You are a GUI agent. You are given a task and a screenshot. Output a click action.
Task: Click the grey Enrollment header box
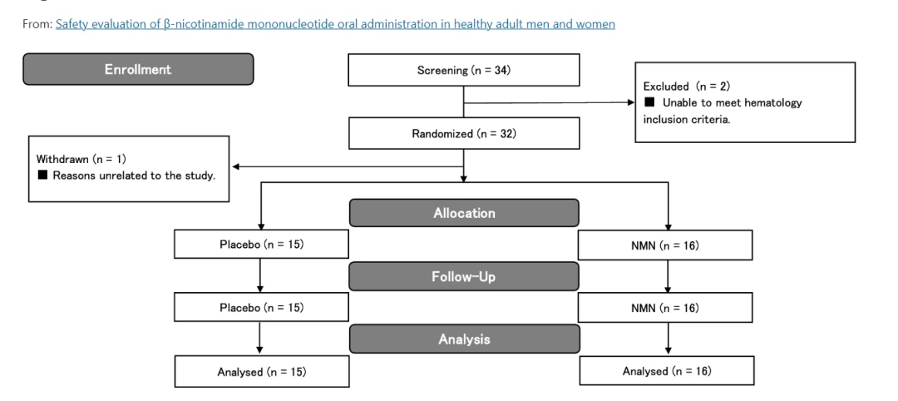[x=138, y=70]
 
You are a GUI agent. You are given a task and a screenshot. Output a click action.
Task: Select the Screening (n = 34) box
[x=463, y=70]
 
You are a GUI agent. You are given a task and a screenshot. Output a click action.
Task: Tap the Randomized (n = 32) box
[x=463, y=133]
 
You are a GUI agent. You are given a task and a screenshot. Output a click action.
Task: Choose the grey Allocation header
[x=463, y=213]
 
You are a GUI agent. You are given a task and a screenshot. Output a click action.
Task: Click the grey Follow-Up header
[x=463, y=277]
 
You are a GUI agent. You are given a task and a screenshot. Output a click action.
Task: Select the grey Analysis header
[x=463, y=339]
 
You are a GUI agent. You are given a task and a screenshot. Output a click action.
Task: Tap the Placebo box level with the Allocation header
[x=261, y=245]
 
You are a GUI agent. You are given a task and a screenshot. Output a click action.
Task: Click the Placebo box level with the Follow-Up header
[x=261, y=308]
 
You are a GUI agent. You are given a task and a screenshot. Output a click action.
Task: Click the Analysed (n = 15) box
[x=261, y=371]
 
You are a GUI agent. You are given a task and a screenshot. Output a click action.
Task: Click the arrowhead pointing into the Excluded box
[x=629, y=103]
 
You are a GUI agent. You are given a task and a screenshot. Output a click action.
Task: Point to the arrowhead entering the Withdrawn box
[x=237, y=166]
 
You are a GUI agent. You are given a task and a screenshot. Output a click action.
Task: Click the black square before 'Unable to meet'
[x=649, y=102]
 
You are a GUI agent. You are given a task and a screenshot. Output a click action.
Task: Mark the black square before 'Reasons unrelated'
[x=42, y=174]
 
